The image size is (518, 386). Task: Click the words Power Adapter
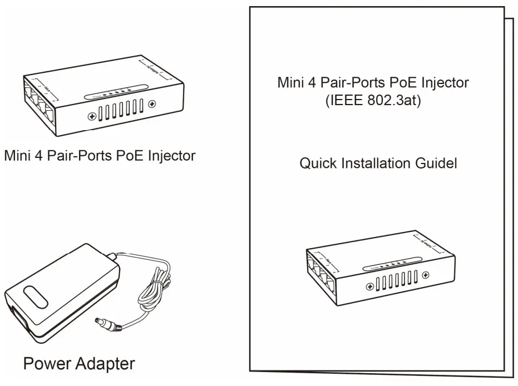[x=78, y=364]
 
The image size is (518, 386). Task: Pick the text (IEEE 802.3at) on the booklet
[x=373, y=103]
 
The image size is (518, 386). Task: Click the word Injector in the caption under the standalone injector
[x=174, y=156]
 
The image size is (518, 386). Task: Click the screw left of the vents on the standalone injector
[x=91, y=117]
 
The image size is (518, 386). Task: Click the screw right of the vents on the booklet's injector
[x=426, y=274]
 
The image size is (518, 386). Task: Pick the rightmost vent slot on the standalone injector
[x=141, y=107]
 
